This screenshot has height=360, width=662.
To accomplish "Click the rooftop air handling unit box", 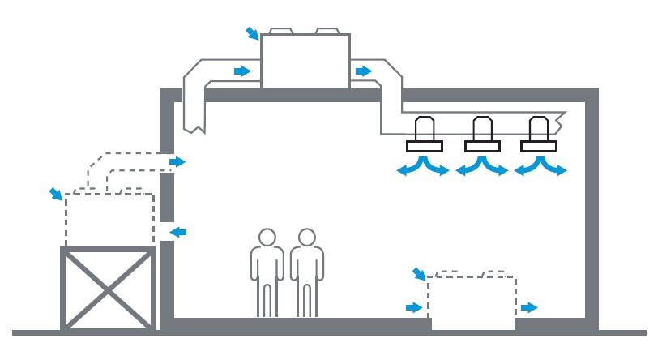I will (305, 61).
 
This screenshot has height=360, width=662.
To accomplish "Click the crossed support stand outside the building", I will (108, 289).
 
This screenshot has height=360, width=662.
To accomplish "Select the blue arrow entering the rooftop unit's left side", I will (241, 71).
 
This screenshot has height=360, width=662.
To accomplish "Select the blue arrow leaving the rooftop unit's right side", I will (362, 71).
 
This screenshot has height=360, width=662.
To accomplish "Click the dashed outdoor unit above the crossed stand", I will (109, 219).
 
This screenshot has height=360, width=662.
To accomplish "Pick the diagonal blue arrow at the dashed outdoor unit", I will (55, 193).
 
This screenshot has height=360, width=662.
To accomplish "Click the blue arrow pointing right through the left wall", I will (177, 162).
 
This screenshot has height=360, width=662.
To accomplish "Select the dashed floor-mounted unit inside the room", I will (472, 300).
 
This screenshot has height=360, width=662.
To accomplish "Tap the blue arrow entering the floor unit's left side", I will (413, 307).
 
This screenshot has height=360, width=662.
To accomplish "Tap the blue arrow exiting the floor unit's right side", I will (528, 307).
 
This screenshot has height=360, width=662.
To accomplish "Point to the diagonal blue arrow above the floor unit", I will (419, 274).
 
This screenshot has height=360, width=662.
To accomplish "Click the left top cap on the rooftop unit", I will (280, 31).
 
